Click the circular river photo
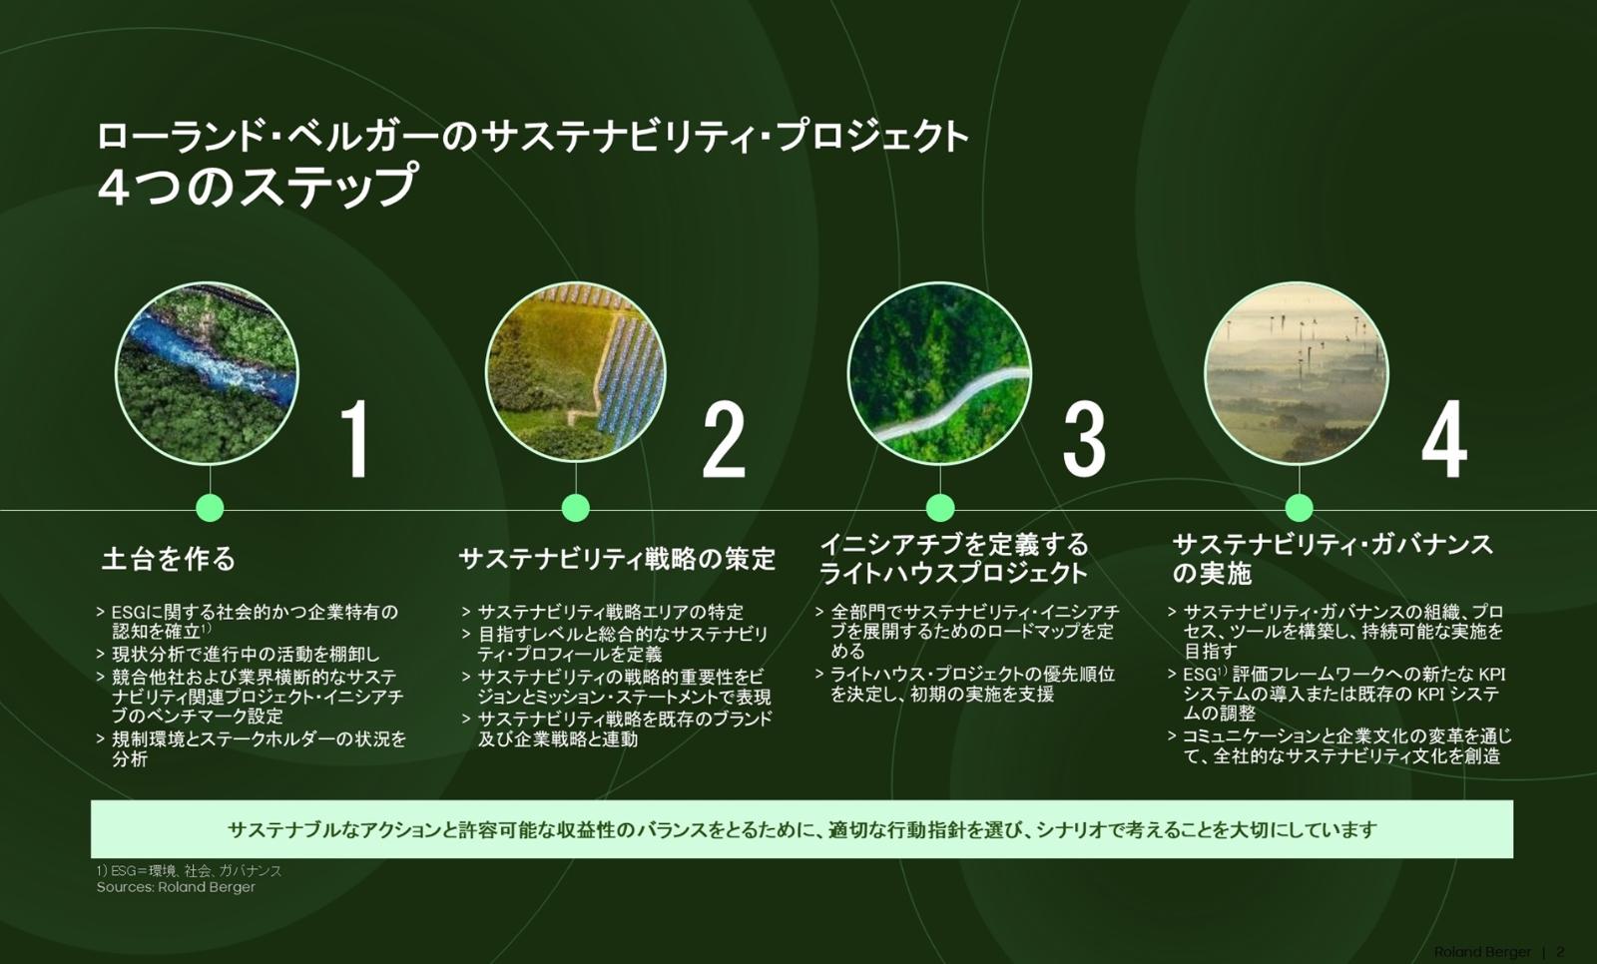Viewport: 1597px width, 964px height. (x=207, y=373)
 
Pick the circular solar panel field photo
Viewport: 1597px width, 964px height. (x=575, y=373)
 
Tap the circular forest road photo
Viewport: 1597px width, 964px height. (x=939, y=373)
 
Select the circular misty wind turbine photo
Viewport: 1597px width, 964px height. (x=1297, y=373)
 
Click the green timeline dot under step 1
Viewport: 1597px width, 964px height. (x=210, y=508)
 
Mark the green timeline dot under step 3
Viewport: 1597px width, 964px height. (x=940, y=508)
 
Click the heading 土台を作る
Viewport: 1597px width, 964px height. (x=169, y=558)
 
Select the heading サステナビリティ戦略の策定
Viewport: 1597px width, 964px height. (x=617, y=559)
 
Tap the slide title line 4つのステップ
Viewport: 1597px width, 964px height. (x=257, y=187)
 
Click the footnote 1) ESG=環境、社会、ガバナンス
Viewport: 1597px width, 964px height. (x=189, y=870)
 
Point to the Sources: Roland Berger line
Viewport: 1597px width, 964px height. (x=176, y=888)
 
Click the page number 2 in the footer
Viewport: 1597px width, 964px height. (x=1561, y=952)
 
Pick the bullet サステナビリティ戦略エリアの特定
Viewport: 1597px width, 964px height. (x=603, y=612)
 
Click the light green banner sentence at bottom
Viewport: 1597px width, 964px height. (x=802, y=830)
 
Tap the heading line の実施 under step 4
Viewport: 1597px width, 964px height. (x=1212, y=574)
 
